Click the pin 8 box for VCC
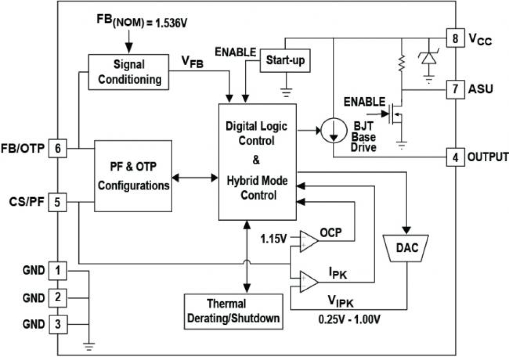click(455, 38)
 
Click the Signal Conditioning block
click(128, 72)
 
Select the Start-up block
click(285, 61)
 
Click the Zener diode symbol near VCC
click(428, 59)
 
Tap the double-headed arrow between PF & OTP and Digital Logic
click(195, 177)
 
